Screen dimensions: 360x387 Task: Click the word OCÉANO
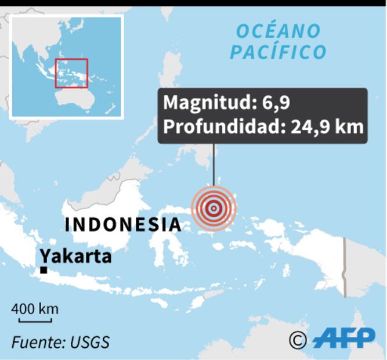pyautogui.click(x=279, y=30)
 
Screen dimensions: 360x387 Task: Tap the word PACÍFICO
pyautogui.click(x=279, y=52)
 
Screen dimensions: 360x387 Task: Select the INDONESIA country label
pyautogui.click(x=123, y=224)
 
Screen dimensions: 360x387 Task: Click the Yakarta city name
pyautogui.click(x=75, y=255)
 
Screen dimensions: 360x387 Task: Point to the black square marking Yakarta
pyautogui.click(x=44, y=270)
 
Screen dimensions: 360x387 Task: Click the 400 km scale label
pyautogui.click(x=35, y=308)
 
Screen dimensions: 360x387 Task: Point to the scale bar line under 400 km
pyautogui.click(x=35, y=319)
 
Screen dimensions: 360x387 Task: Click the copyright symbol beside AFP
pyautogui.click(x=298, y=340)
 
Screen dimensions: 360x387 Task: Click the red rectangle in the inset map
pyautogui.click(x=71, y=73)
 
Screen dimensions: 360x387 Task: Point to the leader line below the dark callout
pyautogui.click(x=214, y=165)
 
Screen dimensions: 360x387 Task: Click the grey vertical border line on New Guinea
pyautogui.click(x=345, y=267)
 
